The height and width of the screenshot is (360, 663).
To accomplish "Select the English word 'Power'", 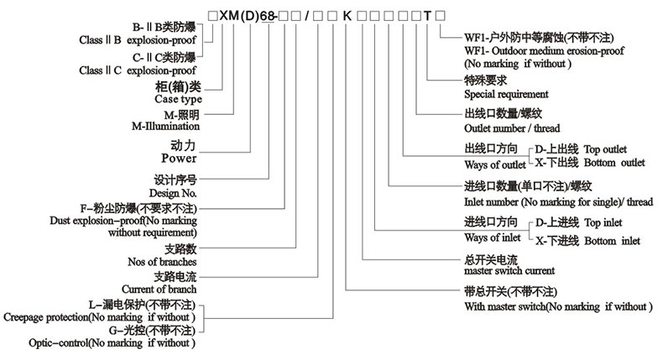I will [x=178, y=157].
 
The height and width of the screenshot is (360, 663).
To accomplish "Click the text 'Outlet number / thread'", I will [x=513, y=129].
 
